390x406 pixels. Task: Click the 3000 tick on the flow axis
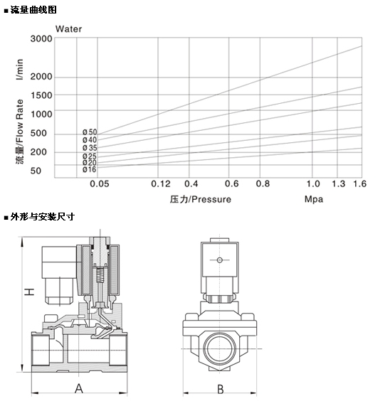(41, 39)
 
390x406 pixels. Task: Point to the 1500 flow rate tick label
(41, 95)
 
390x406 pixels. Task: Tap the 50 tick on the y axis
(36, 171)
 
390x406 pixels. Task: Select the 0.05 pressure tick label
(99, 184)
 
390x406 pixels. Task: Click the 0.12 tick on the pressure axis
(161, 184)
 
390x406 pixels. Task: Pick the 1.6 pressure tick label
(359, 184)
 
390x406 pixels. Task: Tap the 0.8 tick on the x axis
(263, 184)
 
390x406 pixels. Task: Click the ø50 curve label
(90, 132)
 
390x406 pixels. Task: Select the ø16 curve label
(90, 169)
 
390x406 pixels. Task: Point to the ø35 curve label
(90, 148)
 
